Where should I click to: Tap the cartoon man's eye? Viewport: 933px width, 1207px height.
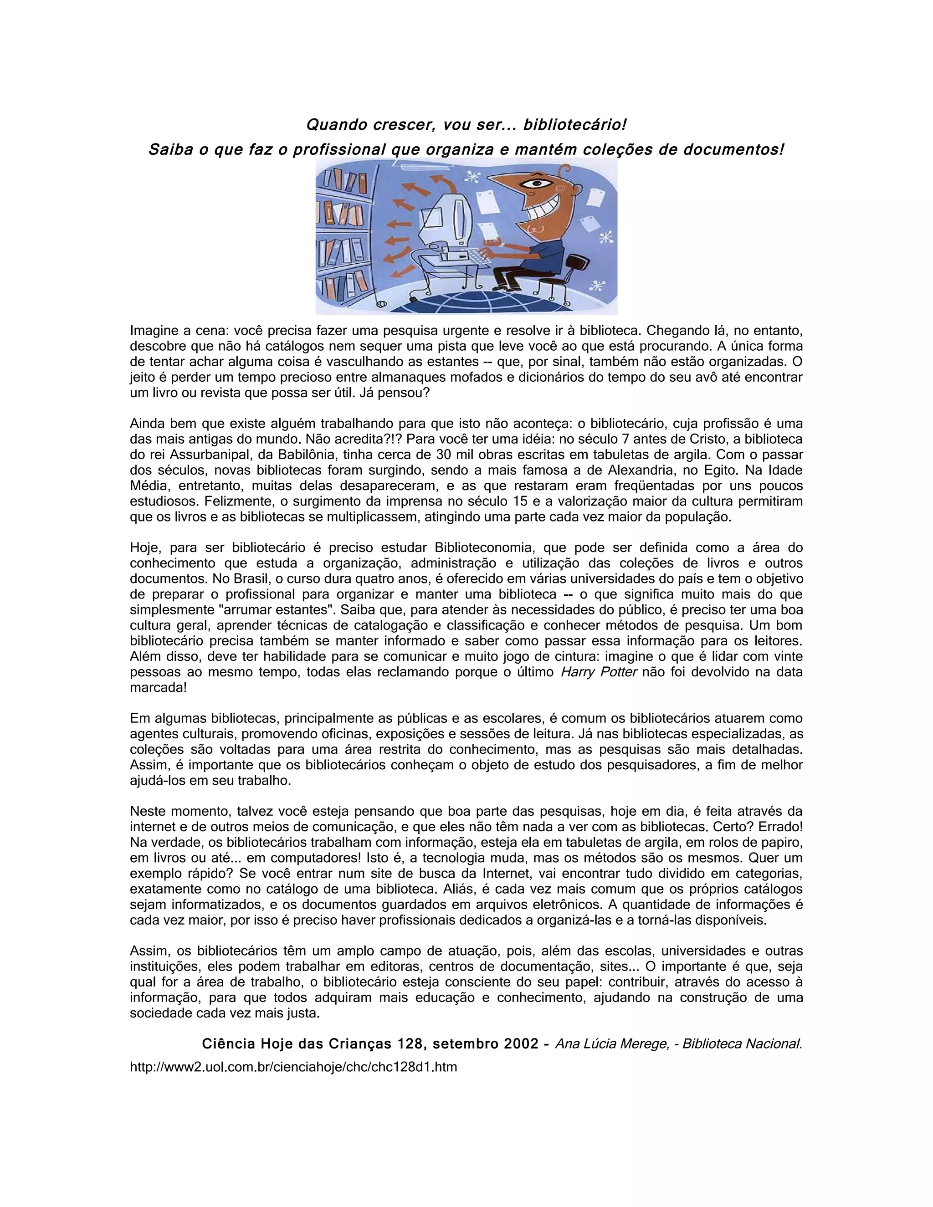point(536,184)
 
